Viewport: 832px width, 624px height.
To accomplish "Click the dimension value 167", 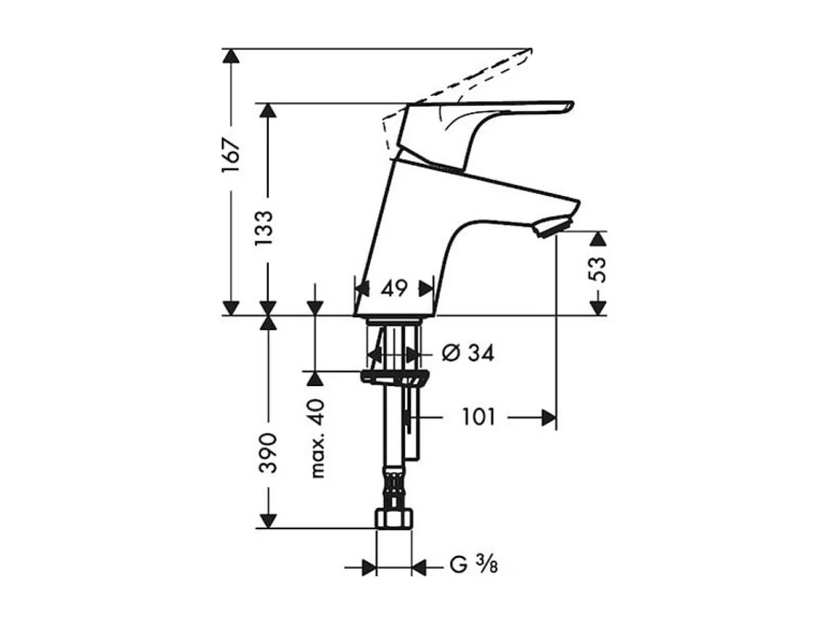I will tap(231, 157).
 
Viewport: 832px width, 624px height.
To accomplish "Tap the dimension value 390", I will tap(267, 453).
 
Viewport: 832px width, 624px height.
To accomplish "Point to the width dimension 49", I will tap(394, 289).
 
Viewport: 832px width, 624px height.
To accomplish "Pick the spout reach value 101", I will tap(478, 418).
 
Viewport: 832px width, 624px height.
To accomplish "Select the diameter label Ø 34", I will tap(467, 354).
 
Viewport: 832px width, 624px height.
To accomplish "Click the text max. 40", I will tap(317, 439).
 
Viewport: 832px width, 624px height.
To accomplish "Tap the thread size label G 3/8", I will tap(474, 566).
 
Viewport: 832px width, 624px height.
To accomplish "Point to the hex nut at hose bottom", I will tap(394, 518).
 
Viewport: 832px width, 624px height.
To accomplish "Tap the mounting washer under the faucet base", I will tap(394, 378).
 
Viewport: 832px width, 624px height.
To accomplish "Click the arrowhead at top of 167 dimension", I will tap(231, 56).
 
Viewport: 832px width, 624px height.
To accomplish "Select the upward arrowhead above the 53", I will tap(597, 239).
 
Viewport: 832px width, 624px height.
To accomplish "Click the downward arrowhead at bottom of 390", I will tap(267, 521).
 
